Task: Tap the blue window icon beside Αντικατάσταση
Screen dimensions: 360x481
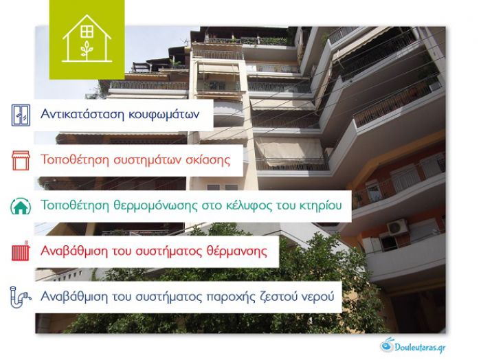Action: (x=22, y=114)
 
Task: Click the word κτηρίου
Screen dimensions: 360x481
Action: (x=321, y=205)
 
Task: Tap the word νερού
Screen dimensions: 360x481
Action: (x=319, y=297)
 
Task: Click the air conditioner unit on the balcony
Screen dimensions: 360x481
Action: (x=397, y=226)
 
